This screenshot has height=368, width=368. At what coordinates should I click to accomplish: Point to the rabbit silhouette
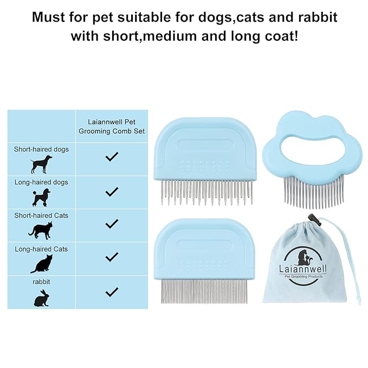(x=41, y=298)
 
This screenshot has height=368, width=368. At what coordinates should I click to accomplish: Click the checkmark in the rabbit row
(x=112, y=292)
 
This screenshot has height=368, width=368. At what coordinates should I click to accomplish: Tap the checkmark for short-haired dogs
(x=112, y=157)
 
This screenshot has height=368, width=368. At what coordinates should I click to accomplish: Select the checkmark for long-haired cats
(x=112, y=257)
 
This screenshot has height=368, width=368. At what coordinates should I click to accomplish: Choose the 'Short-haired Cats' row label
(x=41, y=215)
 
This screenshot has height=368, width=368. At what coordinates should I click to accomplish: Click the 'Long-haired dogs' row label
(x=41, y=182)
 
